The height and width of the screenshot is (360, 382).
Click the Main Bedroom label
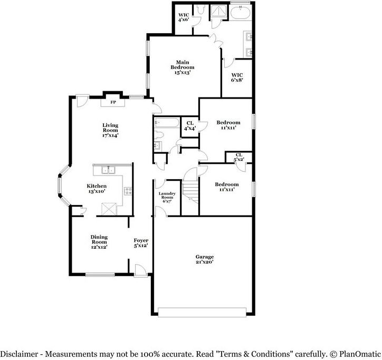[182, 67]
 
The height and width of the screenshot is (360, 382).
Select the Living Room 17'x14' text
[110, 130]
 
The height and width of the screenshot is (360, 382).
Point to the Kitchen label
[97, 188]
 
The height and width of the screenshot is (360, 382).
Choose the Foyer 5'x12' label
[140, 242]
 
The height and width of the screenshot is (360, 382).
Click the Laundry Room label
[167, 197]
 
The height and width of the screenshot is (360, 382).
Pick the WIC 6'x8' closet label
[237, 77]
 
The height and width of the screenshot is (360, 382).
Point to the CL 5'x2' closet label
[239, 157]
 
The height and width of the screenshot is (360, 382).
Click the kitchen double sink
[108, 170]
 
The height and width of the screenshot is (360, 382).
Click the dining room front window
[100, 274]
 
